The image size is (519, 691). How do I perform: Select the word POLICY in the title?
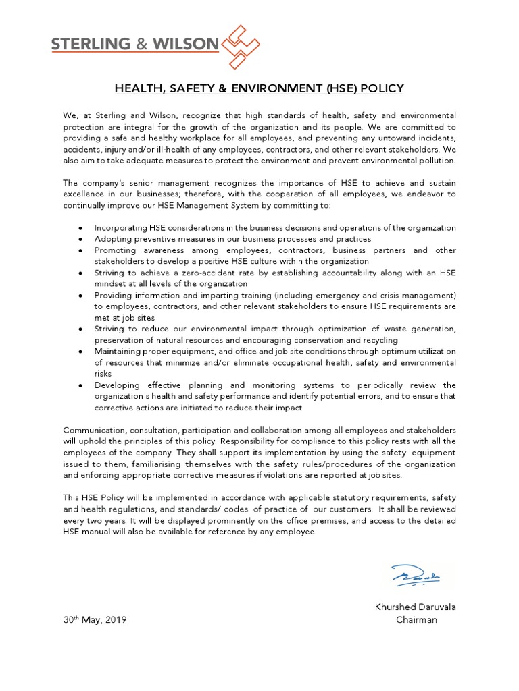(383, 88)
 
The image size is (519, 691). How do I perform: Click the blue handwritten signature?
(416, 576)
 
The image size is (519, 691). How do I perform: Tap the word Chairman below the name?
(416, 620)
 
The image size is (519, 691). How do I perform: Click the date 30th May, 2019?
(95, 620)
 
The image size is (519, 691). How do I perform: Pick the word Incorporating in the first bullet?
(118, 228)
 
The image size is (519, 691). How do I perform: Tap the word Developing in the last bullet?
(116, 385)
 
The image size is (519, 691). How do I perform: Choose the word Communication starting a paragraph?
(94, 430)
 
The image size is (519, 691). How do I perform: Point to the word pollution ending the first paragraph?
(437, 161)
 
